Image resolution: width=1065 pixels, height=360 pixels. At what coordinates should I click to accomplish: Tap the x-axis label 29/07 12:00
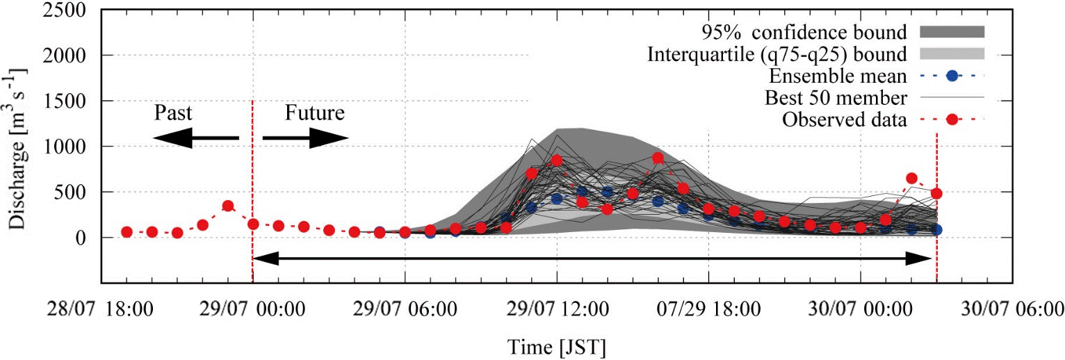coord(557,309)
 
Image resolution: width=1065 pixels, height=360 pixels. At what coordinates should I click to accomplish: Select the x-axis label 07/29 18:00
coord(708,309)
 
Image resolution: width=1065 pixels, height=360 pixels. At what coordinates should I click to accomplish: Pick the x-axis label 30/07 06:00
coord(1012,309)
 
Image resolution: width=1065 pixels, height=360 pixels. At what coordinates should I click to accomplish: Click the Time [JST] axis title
coord(556,345)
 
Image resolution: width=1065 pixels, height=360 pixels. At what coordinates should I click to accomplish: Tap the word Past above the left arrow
coord(172,113)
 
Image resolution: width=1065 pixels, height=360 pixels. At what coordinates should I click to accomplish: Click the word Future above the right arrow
coord(314,113)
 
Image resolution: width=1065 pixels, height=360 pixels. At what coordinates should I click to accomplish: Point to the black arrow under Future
coord(305,138)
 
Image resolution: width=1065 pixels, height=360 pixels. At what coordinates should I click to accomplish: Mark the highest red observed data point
coord(658,158)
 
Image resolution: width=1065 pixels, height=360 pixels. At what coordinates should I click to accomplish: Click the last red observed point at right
coord(936,193)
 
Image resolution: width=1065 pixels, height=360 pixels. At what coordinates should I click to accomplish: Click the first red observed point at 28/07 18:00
coord(127,232)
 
